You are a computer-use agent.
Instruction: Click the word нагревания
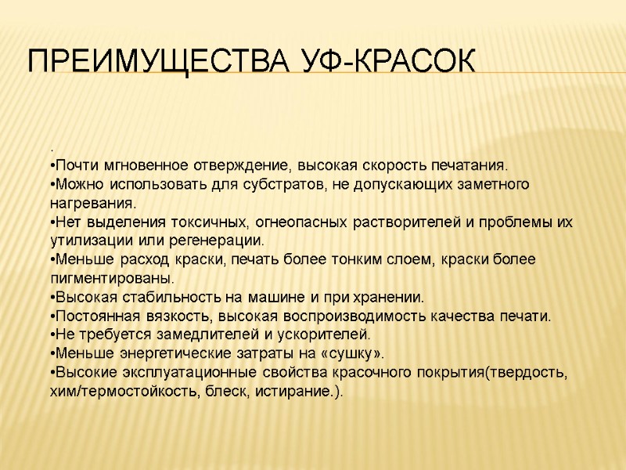(x=87, y=203)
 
